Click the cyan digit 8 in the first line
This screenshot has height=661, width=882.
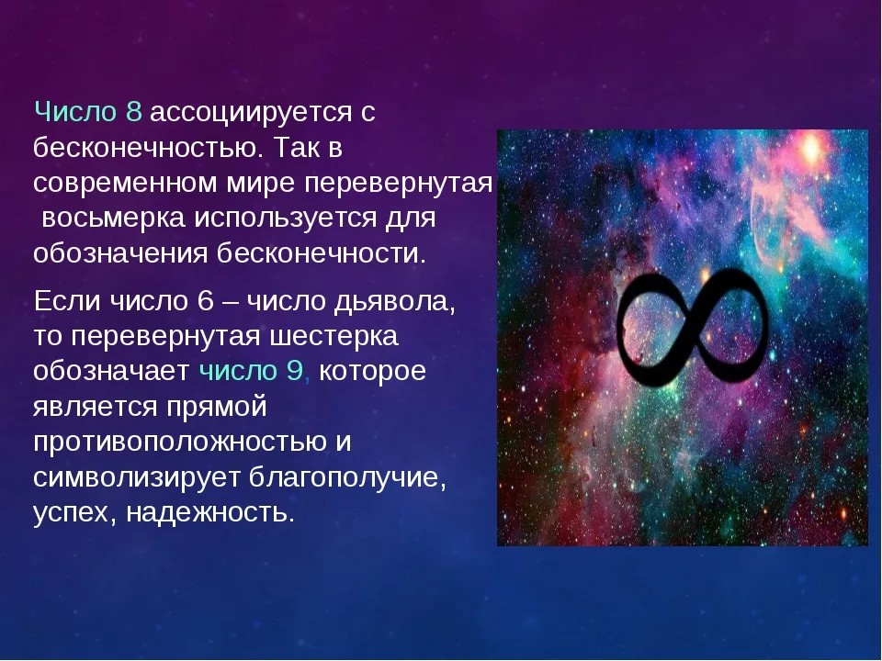134,112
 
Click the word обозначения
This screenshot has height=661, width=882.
120,253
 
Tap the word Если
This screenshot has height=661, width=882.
67,301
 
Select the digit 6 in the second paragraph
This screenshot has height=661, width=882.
206,301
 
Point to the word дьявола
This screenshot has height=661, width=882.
394,303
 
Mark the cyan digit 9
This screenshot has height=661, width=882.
295,371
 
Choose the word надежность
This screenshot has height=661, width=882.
210,512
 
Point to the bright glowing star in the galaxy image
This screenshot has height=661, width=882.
811,149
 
